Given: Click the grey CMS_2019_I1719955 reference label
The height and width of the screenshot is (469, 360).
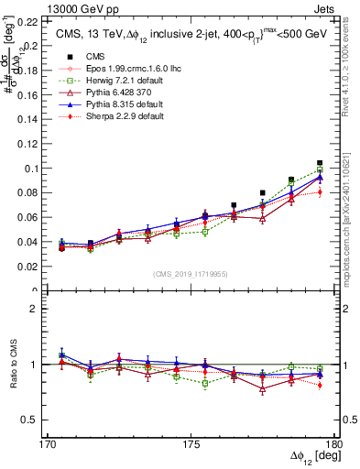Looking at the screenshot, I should coord(191,273).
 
